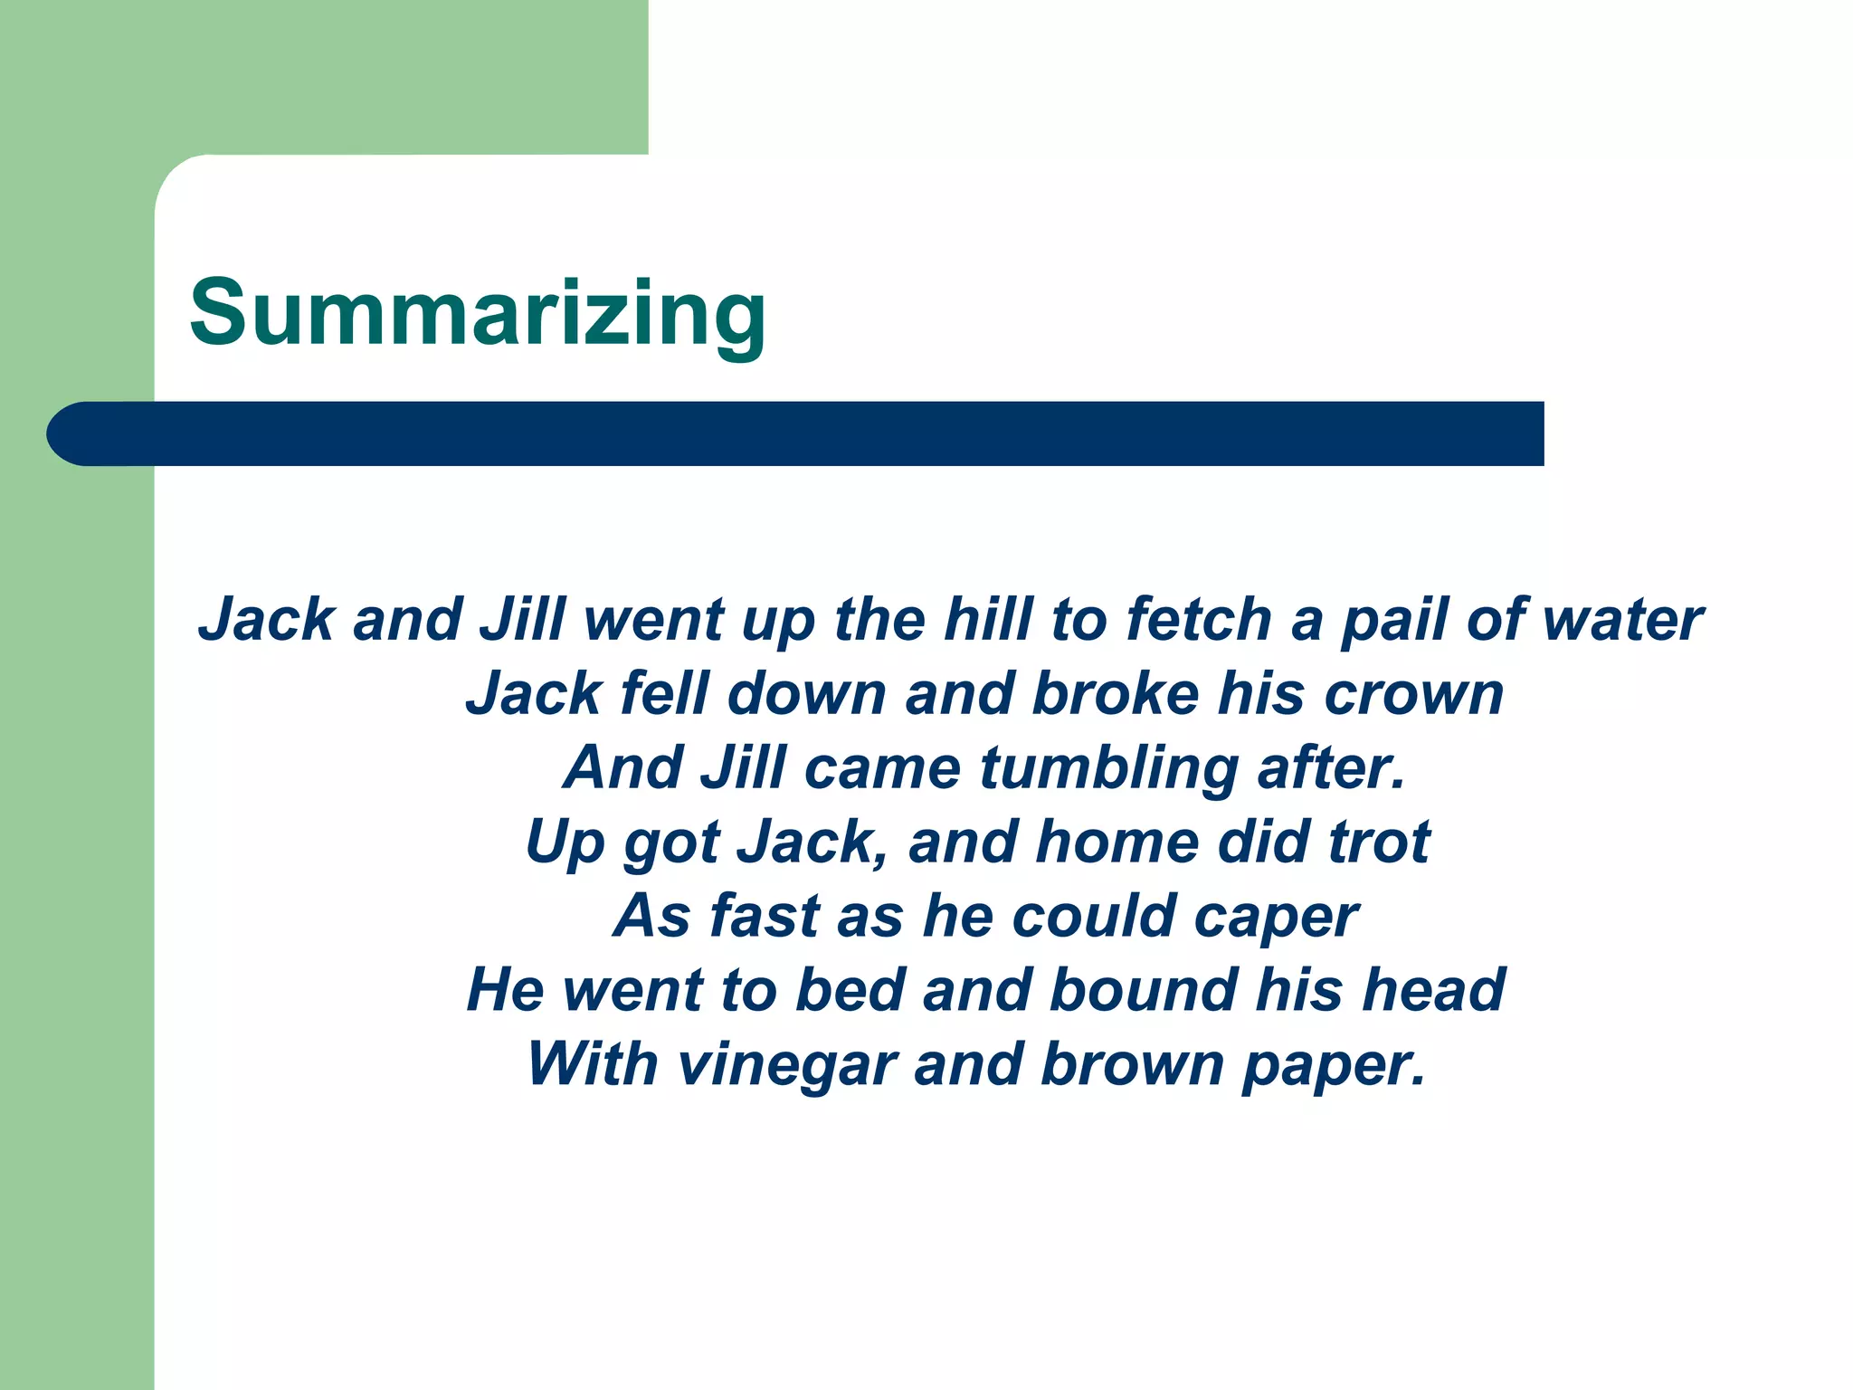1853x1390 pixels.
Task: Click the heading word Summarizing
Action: click(x=478, y=313)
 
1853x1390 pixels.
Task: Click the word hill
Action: click(x=988, y=620)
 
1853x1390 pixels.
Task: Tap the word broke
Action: click(x=1115, y=694)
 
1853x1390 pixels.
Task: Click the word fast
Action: click(x=764, y=916)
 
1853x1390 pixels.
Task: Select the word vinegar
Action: click(x=787, y=1065)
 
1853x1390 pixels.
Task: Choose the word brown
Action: click(x=1133, y=1063)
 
